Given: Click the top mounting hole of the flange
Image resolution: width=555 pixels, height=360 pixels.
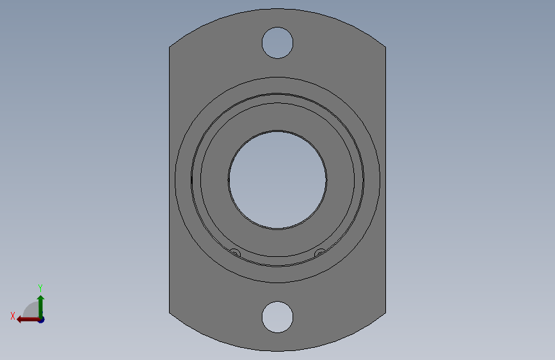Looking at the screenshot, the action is [278, 43].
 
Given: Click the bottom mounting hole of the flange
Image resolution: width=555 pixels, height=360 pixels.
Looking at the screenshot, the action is [278, 317].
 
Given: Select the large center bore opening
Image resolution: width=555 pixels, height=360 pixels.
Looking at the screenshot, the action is [278, 180].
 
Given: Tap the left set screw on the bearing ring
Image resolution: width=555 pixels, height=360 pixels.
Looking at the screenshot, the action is [235, 253].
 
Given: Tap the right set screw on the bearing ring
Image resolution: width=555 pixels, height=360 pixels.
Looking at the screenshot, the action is [320, 253].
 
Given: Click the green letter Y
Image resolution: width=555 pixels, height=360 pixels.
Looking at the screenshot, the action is [40, 288].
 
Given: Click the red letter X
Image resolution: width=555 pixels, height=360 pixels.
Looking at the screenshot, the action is [13, 316].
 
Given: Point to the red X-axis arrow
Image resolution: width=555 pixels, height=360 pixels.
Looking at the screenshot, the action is [29, 320].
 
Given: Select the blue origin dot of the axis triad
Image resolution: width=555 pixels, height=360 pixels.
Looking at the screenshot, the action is [42, 320].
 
